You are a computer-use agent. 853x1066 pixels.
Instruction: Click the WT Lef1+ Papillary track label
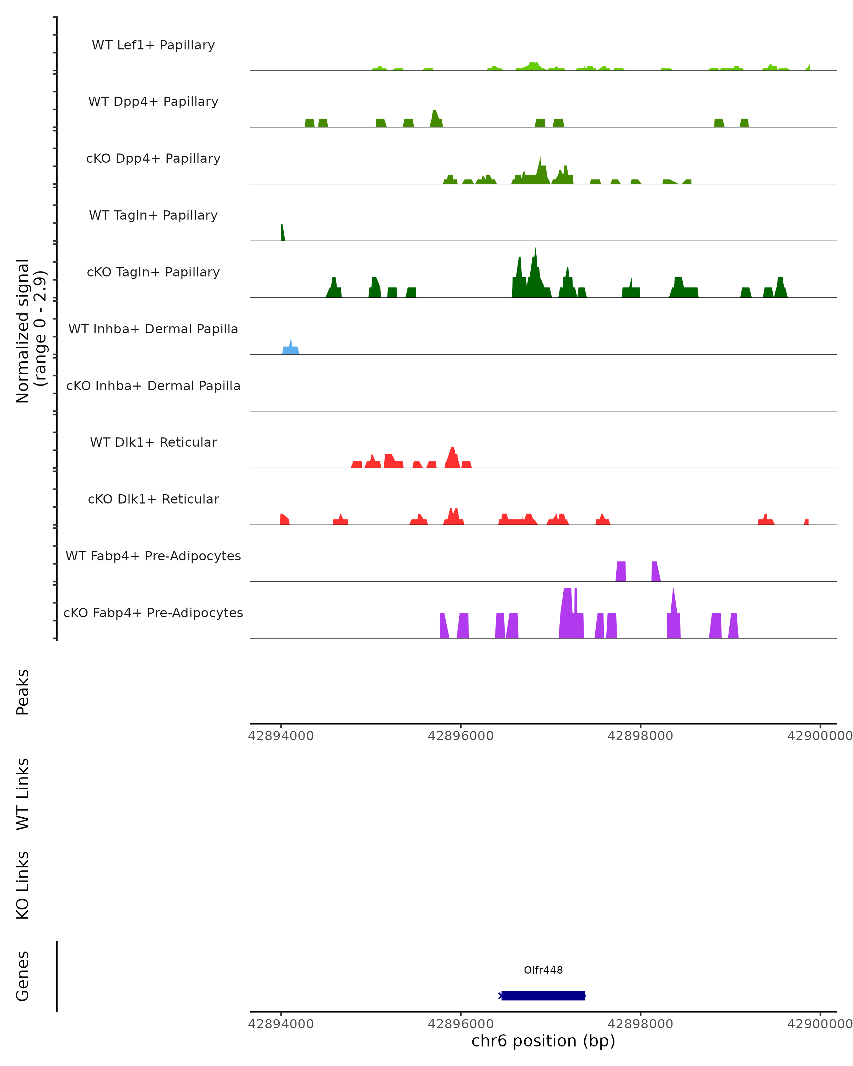[153, 45]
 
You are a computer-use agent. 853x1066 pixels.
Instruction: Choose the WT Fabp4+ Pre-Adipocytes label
[153, 556]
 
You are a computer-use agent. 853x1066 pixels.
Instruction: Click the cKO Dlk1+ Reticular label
[153, 499]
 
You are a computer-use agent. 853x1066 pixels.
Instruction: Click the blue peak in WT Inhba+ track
[291, 349]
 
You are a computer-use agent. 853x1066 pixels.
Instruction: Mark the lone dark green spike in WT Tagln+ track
[282, 233]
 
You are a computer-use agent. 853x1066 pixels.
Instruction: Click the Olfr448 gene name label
[543, 970]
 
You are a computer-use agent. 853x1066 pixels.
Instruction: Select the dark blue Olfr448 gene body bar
[543, 995]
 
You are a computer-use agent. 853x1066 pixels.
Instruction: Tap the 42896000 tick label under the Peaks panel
[460, 736]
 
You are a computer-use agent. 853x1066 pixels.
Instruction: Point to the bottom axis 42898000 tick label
[640, 1023]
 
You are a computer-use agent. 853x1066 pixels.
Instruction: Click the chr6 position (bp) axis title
[543, 1041]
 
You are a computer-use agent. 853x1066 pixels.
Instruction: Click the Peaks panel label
[23, 692]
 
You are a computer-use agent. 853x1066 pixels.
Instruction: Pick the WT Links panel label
[23, 793]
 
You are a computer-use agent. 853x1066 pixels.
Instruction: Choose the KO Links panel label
[23, 885]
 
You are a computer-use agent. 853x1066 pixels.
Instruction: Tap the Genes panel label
[23, 976]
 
